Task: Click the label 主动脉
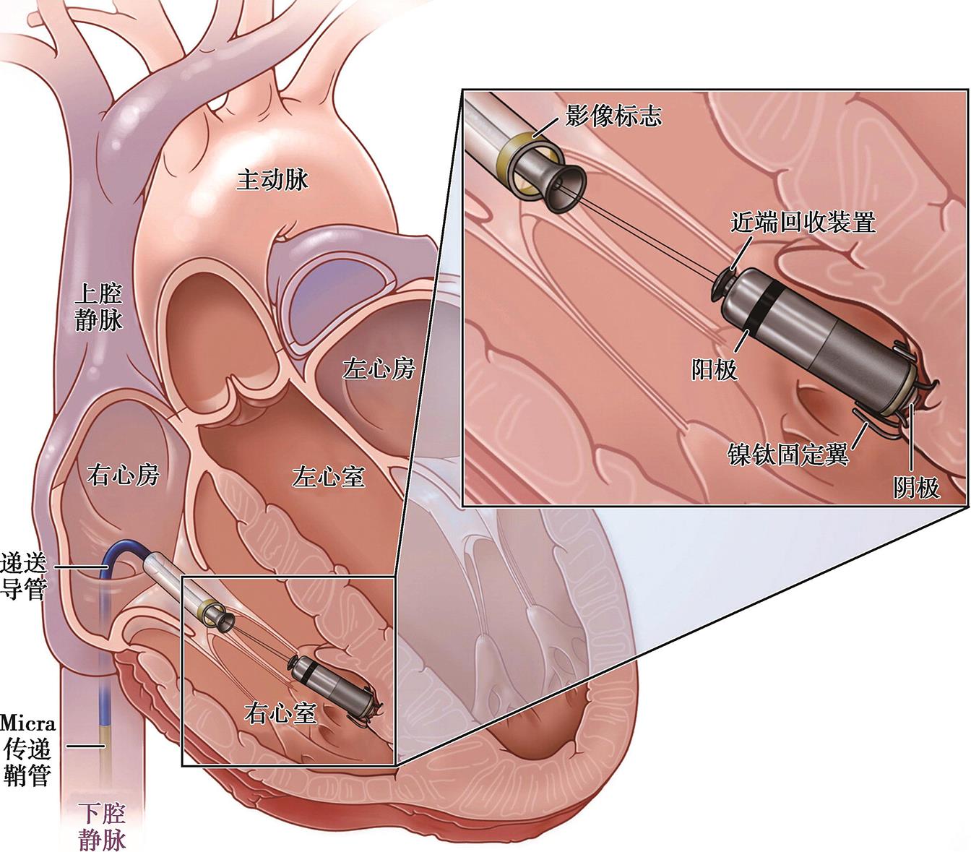click(272, 179)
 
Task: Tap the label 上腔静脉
click(99, 306)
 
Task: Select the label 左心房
click(379, 369)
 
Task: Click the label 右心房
click(122, 475)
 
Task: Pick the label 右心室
click(281, 713)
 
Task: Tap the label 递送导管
click(23, 576)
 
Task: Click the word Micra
click(27, 722)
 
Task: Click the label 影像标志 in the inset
click(613, 116)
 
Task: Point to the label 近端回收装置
click(803, 222)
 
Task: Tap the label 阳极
click(714, 369)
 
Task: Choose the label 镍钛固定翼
click(787, 455)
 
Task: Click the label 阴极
click(917, 489)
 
